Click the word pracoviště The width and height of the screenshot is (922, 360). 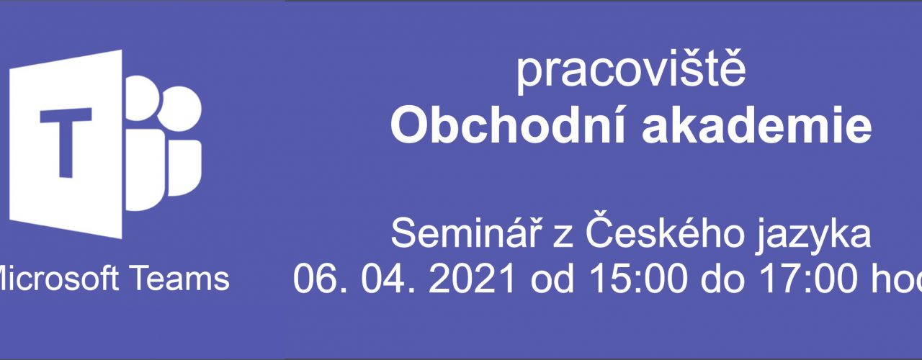631,73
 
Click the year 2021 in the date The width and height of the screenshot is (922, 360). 472,279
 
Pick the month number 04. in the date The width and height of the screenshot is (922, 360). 388,279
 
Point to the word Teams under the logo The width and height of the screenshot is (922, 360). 180,279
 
